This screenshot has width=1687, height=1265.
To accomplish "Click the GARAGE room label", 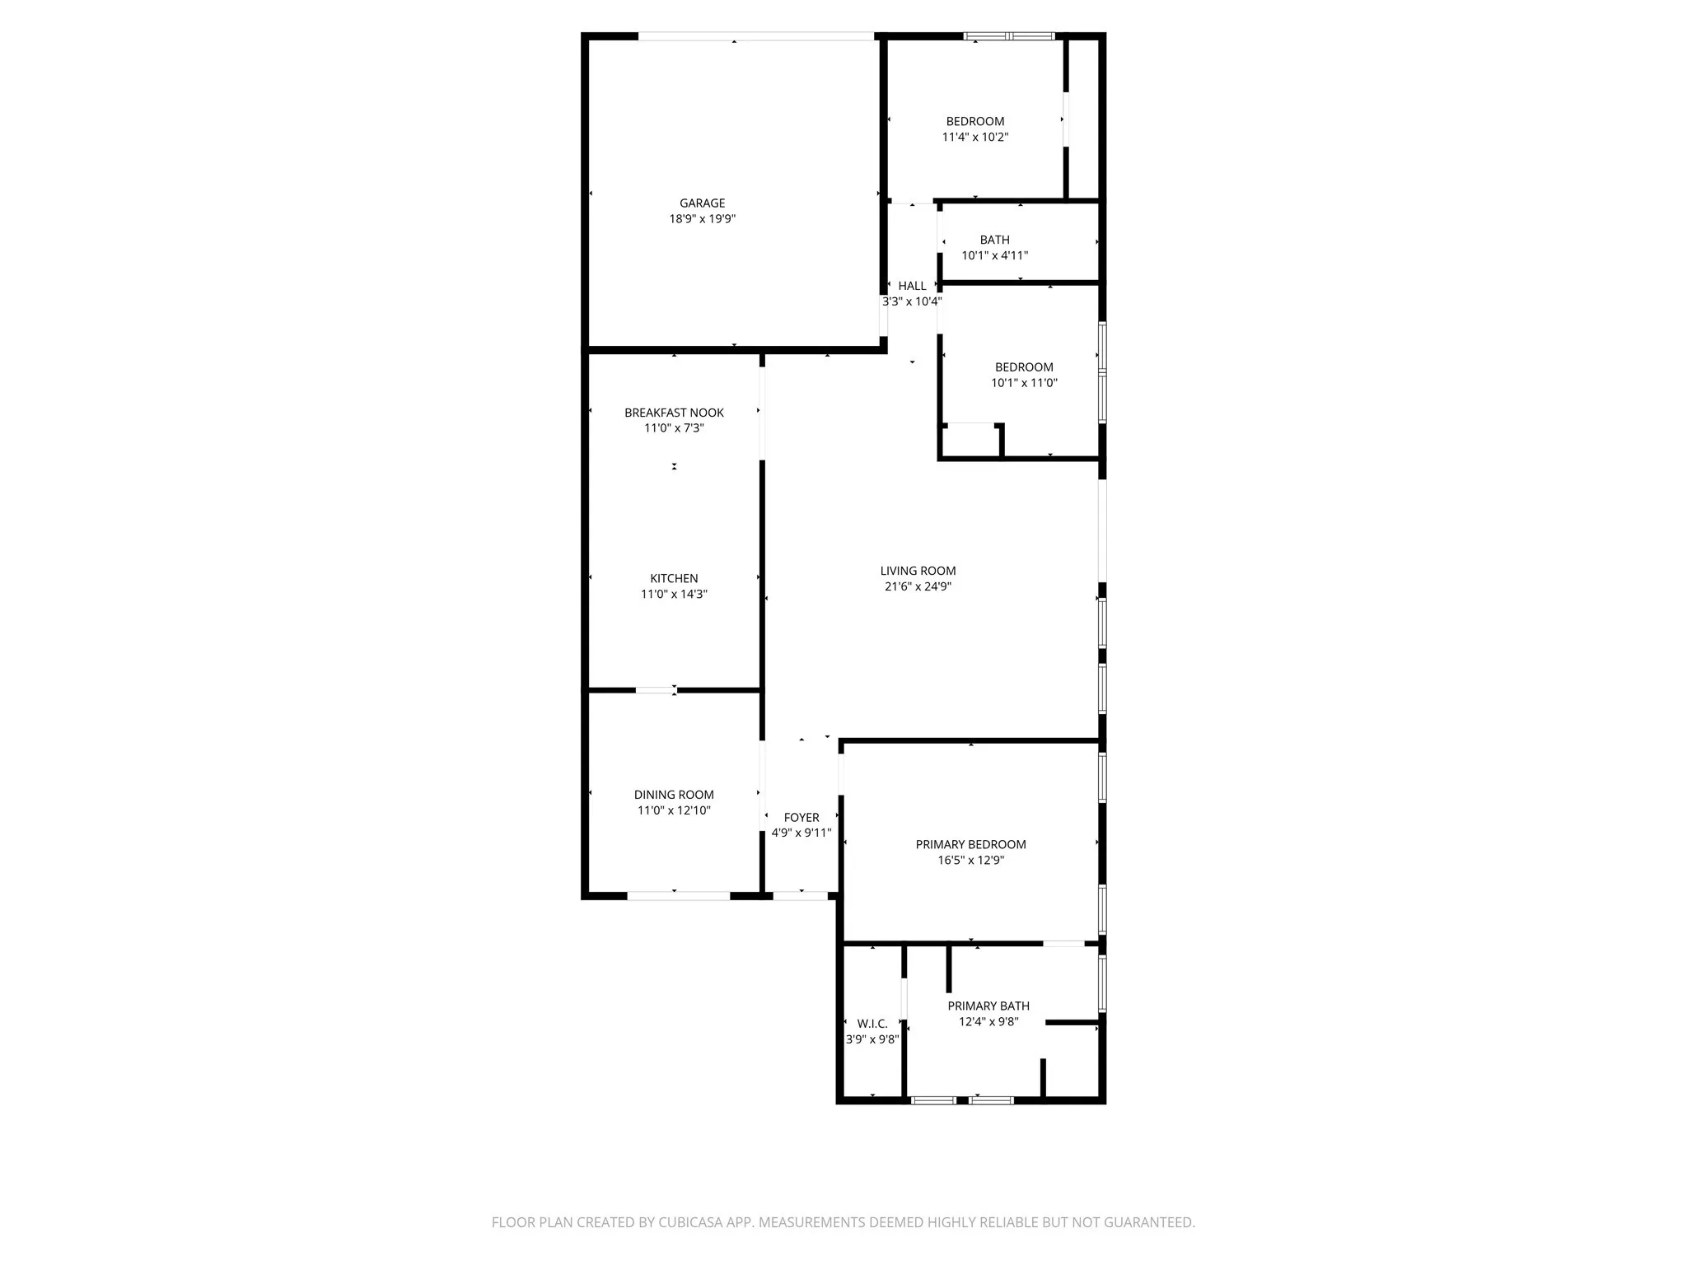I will (702, 203).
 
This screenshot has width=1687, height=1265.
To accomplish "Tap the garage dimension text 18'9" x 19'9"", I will (702, 219).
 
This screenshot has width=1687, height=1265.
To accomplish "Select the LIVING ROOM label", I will (918, 571).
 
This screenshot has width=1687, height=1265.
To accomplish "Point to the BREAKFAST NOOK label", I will (674, 413).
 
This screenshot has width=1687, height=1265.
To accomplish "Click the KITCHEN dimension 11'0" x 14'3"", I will (674, 594).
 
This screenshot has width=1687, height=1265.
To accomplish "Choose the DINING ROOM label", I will (674, 795).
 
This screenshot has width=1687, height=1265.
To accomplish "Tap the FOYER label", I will (801, 818).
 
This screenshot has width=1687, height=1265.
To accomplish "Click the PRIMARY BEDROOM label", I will (970, 844).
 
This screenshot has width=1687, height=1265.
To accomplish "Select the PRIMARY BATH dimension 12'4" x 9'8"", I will (988, 1022).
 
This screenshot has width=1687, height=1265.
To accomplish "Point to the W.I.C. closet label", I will (872, 1024).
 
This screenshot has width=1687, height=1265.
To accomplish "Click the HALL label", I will (912, 286).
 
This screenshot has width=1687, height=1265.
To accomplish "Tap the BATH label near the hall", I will (994, 240).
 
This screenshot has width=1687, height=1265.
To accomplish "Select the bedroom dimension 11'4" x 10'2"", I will (975, 137).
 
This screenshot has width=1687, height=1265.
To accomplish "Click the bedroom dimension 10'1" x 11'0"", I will (1024, 383).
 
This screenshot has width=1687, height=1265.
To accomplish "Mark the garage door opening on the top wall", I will (755, 36).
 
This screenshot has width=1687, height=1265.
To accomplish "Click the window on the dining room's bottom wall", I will (679, 895).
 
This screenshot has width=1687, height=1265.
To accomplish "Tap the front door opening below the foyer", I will (801, 895).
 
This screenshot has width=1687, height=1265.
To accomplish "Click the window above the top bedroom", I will (1009, 36).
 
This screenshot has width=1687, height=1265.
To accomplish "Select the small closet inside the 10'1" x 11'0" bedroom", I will (970, 441).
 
